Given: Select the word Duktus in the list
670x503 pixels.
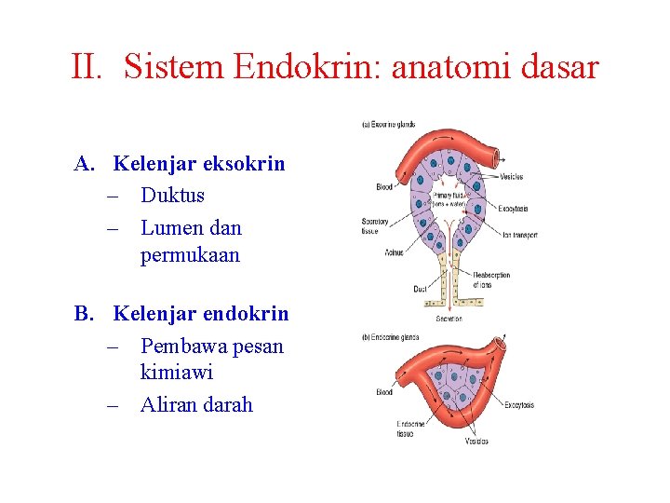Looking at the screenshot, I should click(172, 196).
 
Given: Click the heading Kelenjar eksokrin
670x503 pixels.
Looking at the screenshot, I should click(198, 164).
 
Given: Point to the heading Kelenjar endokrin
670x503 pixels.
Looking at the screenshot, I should click(200, 314).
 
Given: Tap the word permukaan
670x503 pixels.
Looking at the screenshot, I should click(190, 255).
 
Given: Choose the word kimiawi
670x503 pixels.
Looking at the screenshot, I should click(177, 373).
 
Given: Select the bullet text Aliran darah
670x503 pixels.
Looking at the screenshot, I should click(196, 405).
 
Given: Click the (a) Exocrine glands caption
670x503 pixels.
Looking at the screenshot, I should click(388, 124).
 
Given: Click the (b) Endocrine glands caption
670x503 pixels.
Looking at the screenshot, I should click(390, 337).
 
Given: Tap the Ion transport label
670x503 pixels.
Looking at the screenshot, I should click(518, 236).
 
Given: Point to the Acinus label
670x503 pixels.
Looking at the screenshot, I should click(394, 252).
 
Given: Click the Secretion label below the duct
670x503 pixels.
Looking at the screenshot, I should click(448, 319).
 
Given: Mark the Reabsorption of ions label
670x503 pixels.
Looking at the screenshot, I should click(490, 279).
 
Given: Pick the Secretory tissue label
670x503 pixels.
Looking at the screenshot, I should click(374, 225).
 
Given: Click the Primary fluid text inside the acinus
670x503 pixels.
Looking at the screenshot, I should click(449, 196).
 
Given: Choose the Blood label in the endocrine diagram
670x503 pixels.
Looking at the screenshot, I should click(383, 392).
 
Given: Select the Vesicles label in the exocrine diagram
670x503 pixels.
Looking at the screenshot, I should click(511, 177).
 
